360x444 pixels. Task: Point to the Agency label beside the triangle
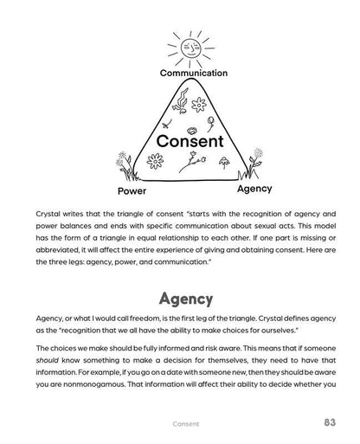(x=254, y=188)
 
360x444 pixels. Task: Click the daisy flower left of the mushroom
(x=157, y=160)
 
